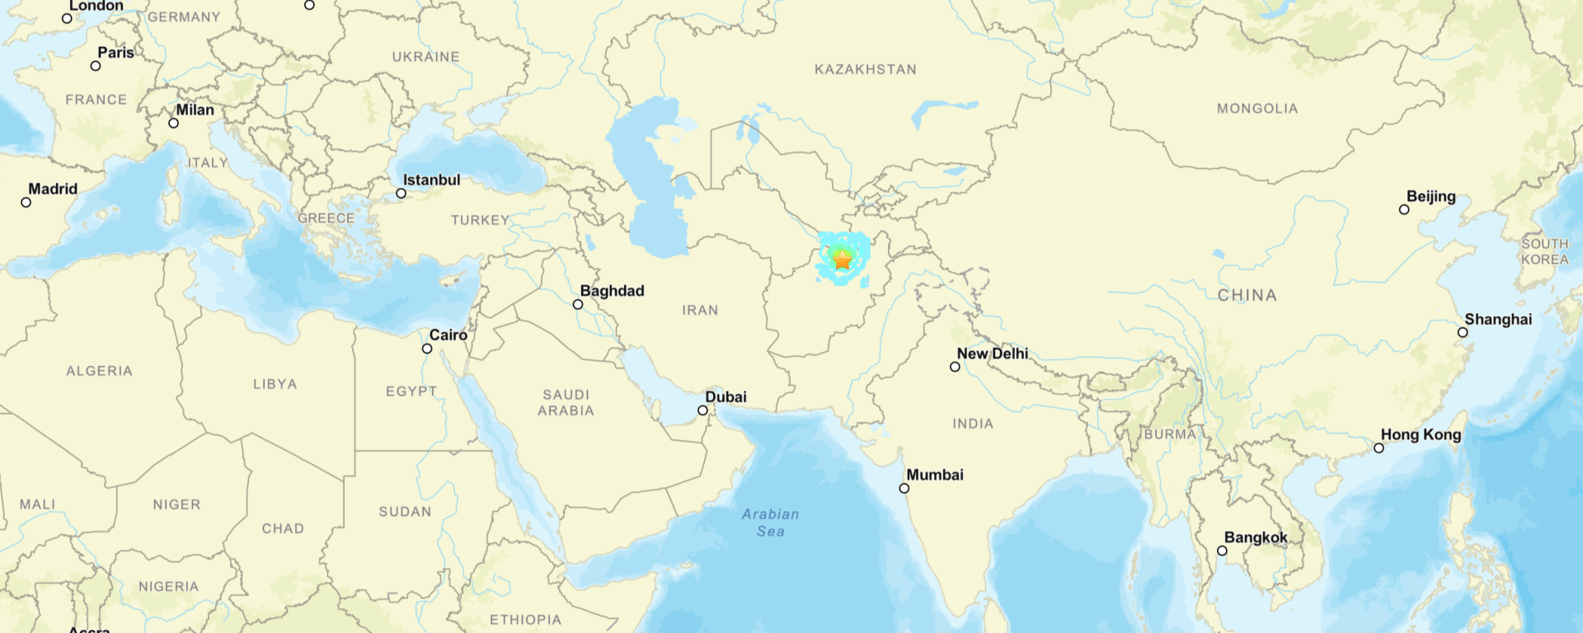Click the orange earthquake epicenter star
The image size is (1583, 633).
pos(842,260)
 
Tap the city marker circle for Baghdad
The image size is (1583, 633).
pos(578,305)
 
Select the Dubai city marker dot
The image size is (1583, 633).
pos(702,410)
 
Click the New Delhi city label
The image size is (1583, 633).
pos(993,354)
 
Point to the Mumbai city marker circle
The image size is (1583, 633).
pos(904,489)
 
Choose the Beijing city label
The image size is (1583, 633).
pos(1431,196)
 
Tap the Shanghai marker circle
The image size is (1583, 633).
pos(1463,333)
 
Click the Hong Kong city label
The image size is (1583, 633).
pos(1421,434)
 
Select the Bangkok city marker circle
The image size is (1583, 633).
pos(1222,551)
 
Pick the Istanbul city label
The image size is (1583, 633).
pos(431,180)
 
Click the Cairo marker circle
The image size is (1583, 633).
pos(427,349)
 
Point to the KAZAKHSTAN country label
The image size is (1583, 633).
pos(866,70)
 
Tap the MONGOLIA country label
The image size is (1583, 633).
pos(1257,109)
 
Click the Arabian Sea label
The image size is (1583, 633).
pos(770,523)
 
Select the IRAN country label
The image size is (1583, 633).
pos(700,311)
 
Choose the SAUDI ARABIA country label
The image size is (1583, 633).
pos(566,403)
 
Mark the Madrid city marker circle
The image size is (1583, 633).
pos(26,203)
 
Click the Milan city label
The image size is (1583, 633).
pos(195,110)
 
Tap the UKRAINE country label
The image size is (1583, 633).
pos(425,57)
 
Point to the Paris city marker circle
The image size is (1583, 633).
pos(96,66)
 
